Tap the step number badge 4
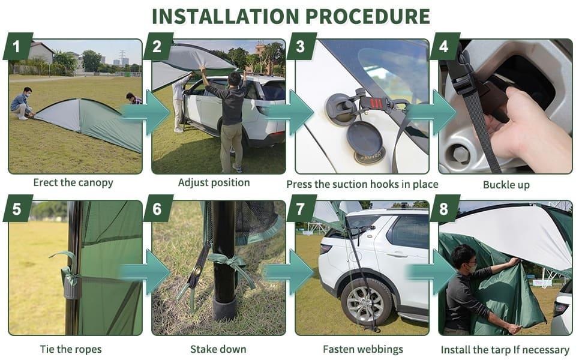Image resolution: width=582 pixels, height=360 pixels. (445, 47)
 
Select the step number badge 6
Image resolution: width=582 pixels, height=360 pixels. (158, 209)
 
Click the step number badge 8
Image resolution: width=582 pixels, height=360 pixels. (445, 209)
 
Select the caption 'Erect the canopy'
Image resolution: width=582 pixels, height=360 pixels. (73, 182)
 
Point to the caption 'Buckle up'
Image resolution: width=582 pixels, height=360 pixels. (506, 185)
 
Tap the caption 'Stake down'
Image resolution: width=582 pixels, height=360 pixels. (214, 349)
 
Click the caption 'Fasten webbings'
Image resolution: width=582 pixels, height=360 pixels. (362, 349)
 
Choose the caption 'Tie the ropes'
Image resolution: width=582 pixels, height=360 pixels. (71, 349)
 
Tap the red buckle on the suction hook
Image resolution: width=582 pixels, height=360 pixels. (376, 103)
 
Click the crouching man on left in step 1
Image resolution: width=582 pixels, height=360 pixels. (22, 103)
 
